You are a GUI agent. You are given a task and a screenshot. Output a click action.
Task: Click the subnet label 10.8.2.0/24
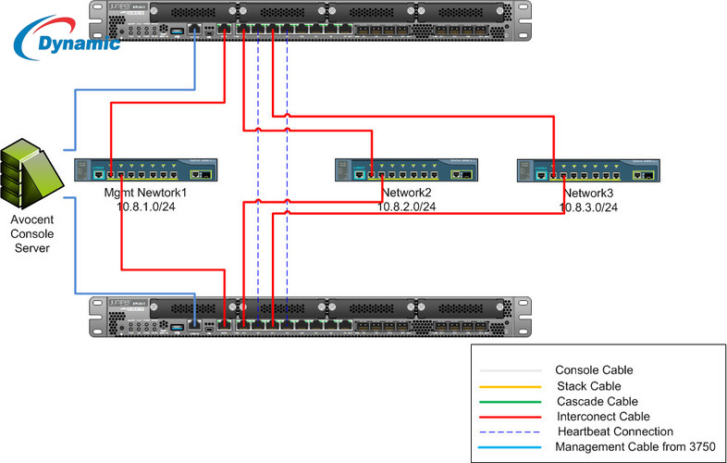tap(407, 207)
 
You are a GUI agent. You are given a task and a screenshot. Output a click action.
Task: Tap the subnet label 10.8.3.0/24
tap(588, 207)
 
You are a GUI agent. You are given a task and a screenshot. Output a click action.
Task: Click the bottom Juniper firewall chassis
tap(310, 318)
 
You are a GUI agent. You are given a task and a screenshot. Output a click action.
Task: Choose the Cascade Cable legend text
tap(597, 401)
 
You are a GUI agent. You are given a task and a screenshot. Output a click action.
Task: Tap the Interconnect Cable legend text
tap(603, 417)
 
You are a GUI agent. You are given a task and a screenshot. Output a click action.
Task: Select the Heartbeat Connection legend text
tap(615, 432)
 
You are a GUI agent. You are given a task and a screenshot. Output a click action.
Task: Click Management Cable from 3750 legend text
tap(627, 447)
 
